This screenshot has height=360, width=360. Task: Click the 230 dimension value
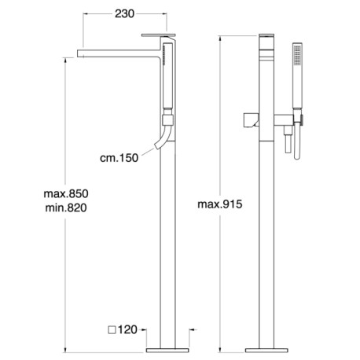(x=124, y=13)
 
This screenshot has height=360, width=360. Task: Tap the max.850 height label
(x=66, y=194)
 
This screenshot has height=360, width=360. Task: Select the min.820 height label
(x=66, y=208)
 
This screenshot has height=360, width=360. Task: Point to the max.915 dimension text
(x=220, y=204)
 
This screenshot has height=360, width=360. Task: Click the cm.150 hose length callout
(x=119, y=158)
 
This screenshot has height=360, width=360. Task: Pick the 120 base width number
(x=127, y=330)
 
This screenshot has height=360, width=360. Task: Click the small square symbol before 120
(x=112, y=330)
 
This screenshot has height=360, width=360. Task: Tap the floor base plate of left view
(x=167, y=351)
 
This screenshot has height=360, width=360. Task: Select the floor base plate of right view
(x=266, y=351)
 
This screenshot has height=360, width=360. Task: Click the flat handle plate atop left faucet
(x=159, y=35)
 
